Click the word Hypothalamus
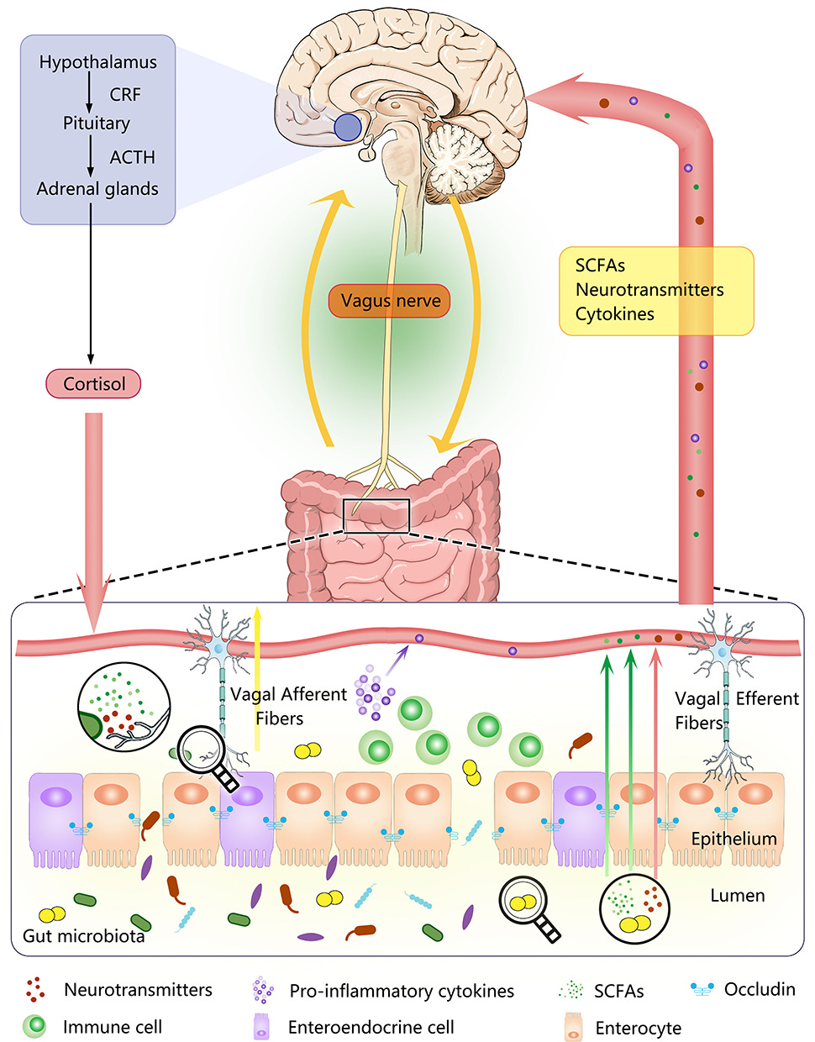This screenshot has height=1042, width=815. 97,63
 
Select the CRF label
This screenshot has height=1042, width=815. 125,94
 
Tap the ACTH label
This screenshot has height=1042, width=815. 132,157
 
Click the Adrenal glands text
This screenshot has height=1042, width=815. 97,189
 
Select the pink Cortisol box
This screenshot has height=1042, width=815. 93,384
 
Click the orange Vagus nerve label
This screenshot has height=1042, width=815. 389,301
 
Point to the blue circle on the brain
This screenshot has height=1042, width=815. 348,127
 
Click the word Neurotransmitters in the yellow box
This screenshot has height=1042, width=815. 649,290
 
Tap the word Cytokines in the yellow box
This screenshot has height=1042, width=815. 614,314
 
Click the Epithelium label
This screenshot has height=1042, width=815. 734,839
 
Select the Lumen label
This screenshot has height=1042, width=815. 738,895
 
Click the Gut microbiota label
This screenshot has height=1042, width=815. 83,936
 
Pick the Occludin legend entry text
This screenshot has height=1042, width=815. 760,989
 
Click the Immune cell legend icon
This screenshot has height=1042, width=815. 34,1026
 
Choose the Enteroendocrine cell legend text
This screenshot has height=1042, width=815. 371,1027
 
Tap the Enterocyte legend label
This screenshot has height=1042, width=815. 638,1028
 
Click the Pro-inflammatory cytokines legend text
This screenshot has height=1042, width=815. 402,991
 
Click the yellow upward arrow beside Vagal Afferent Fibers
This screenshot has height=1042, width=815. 257,677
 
